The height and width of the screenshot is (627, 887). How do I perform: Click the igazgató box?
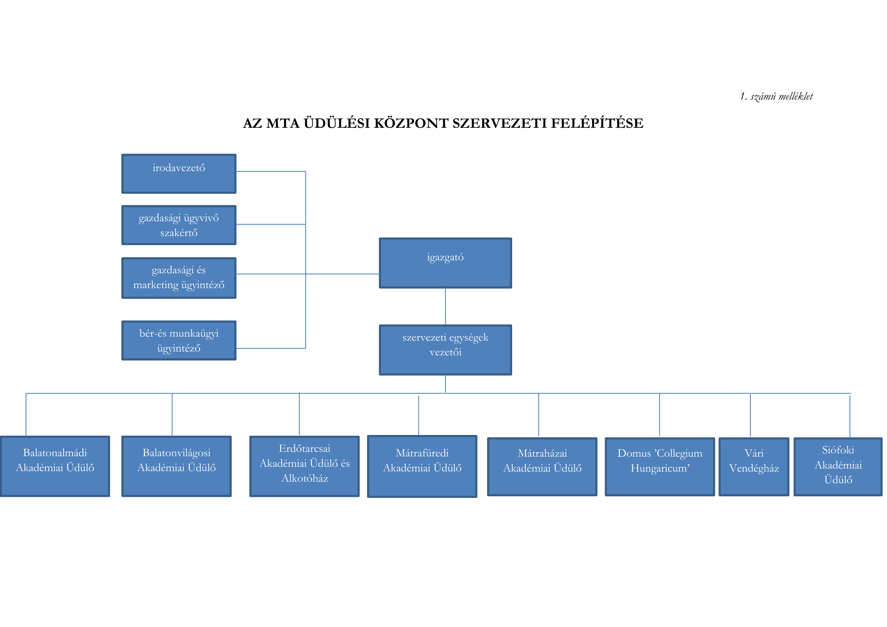[445, 263]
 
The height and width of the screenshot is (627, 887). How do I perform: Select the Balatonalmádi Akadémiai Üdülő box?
[55, 466]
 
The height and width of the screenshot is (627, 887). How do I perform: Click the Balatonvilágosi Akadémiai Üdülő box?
[176, 466]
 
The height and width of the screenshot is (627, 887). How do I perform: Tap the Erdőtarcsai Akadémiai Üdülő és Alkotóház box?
[304, 466]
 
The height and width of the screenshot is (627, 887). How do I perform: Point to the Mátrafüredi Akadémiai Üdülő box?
[422, 466]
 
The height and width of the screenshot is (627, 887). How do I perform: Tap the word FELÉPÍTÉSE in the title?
[597, 123]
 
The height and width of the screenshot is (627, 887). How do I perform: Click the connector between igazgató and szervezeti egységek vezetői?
[445, 306]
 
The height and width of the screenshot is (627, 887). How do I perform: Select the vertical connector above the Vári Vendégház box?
[750, 415]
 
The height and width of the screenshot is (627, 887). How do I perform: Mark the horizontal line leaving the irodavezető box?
[270, 172]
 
